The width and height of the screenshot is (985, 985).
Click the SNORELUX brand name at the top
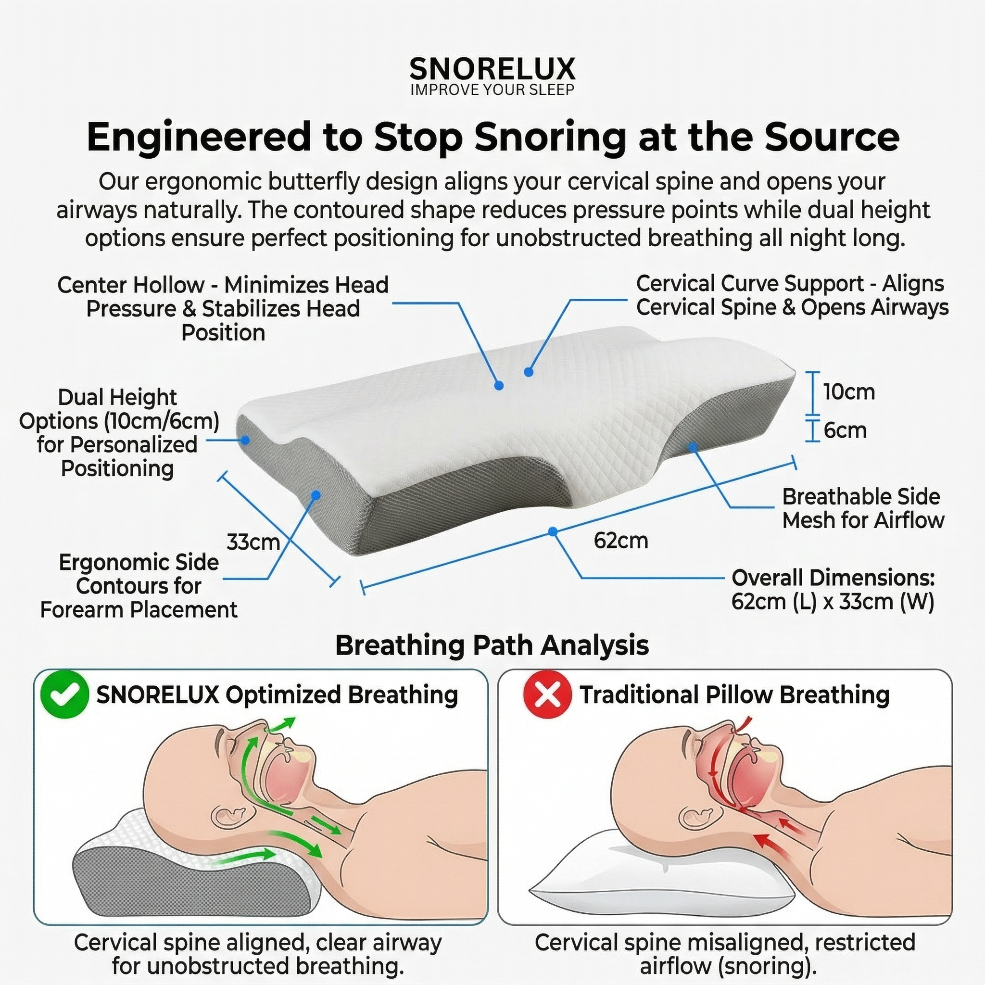(x=492, y=69)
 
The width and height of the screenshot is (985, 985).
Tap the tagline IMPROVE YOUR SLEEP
(x=492, y=90)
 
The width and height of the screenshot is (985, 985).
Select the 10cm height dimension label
(x=848, y=392)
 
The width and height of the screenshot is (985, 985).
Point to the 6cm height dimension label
(x=845, y=431)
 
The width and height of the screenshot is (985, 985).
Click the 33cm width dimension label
(x=253, y=542)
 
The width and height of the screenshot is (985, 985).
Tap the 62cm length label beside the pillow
(x=620, y=541)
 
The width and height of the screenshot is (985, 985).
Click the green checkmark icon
(x=64, y=695)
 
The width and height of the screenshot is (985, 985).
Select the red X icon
(x=547, y=695)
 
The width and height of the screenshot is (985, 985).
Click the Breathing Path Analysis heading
(x=492, y=645)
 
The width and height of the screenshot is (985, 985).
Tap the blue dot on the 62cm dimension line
(x=553, y=532)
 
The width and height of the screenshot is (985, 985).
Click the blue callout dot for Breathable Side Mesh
(x=693, y=447)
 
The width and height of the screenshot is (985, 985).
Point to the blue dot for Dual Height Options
(x=245, y=440)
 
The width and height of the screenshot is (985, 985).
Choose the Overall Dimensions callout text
(x=833, y=590)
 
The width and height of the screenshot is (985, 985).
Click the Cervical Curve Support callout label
(x=792, y=296)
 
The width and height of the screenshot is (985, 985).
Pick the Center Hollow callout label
(x=223, y=308)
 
